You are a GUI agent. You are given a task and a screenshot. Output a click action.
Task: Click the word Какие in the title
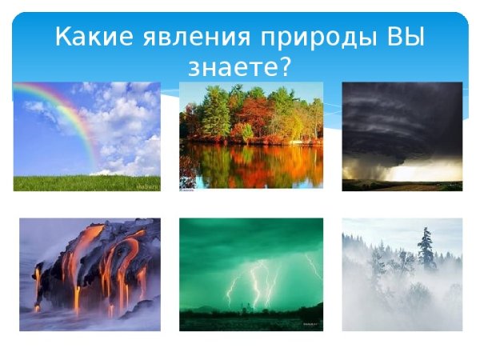[x=89, y=37]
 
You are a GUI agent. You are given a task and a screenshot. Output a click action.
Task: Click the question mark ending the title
[x=284, y=69]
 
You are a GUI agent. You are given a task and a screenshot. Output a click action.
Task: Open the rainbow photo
[x=86, y=136]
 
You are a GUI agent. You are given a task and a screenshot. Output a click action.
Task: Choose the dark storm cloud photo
[x=402, y=136]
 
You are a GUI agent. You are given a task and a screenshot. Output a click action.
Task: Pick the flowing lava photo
[x=89, y=274]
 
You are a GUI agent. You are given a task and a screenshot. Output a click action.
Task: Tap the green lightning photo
[x=250, y=274]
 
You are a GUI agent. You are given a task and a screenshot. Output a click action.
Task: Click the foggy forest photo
[x=402, y=274]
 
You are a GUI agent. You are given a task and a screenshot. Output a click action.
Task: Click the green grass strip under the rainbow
[x=86, y=183]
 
